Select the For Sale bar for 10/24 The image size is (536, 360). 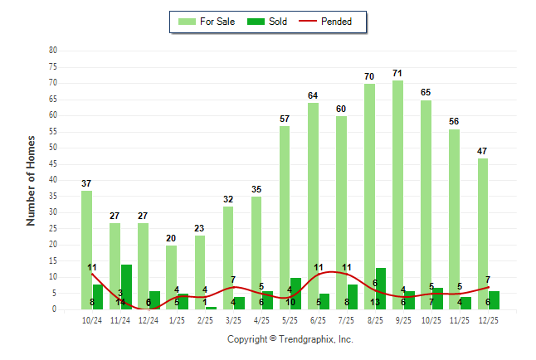tap(87, 249)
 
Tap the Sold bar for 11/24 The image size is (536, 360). tap(126, 286)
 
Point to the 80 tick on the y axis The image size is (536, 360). tap(53, 50)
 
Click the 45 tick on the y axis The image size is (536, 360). tap(53, 163)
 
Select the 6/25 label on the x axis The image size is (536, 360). tap(319, 319)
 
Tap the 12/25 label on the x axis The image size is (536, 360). tap(489, 319)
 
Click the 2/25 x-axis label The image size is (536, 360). tap(205, 319)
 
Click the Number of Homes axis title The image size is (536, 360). tap(32, 180)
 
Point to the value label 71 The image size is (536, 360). tap(397, 74)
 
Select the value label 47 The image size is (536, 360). tap(483, 151)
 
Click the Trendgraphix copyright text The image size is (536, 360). tap(290, 339)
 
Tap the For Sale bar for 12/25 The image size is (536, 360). tap(483, 233)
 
